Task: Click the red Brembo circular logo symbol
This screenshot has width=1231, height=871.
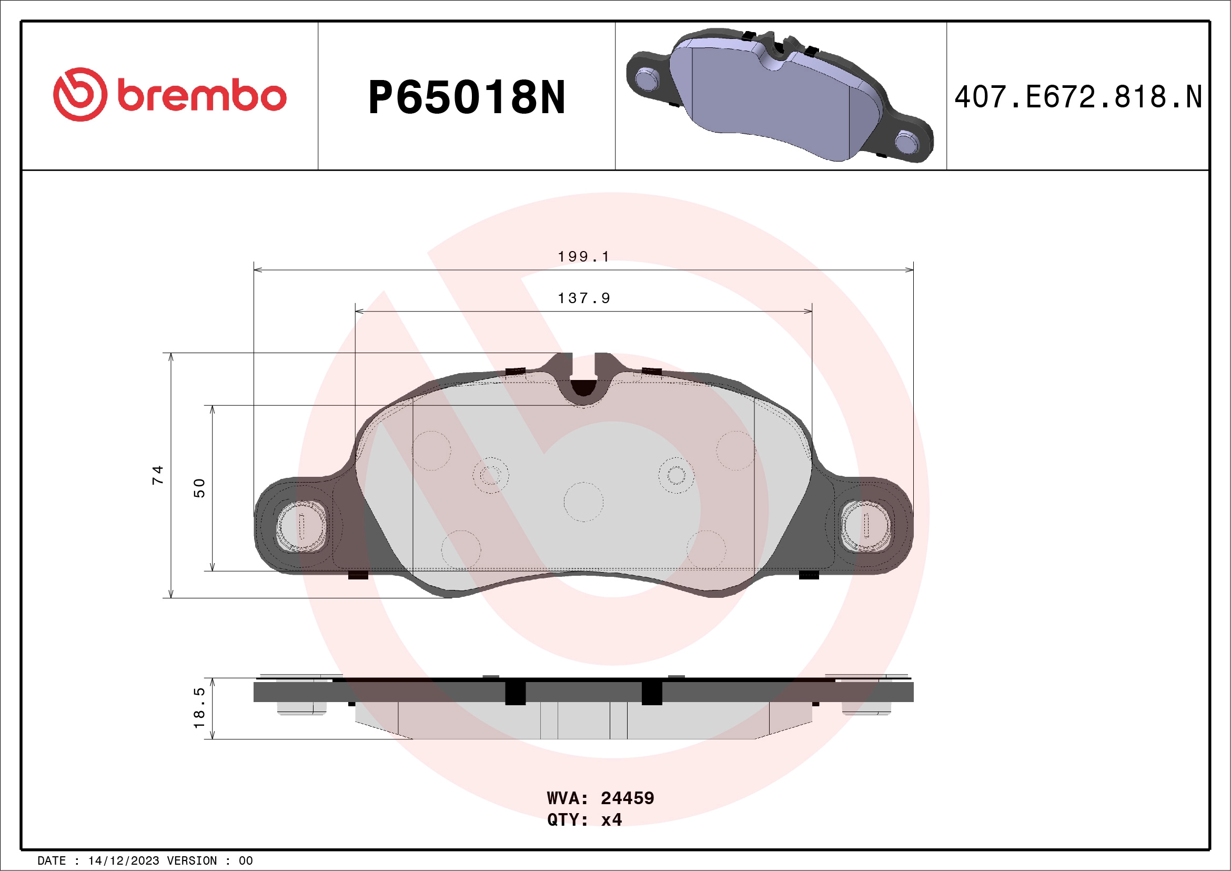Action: (x=80, y=94)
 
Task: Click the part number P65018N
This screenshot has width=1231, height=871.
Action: (x=467, y=97)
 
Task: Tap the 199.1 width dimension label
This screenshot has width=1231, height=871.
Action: (x=583, y=257)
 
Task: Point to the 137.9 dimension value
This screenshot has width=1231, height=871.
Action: (x=583, y=298)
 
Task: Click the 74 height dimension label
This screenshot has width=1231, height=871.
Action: (x=157, y=475)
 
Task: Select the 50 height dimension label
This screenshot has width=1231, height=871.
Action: (x=199, y=488)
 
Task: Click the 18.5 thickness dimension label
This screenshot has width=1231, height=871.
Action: (x=199, y=708)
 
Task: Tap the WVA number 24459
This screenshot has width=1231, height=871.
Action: (x=627, y=798)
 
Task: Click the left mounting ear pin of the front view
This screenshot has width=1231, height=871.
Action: (x=301, y=526)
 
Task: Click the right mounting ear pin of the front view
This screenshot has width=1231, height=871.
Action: (x=866, y=526)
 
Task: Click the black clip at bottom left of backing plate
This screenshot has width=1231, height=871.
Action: (x=358, y=575)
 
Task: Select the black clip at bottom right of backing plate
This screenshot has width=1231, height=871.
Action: (x=809, y=575)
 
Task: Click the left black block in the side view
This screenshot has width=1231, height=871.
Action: (x=515, y=693)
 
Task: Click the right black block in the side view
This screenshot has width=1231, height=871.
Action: (x=651, y=693)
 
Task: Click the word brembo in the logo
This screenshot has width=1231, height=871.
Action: (x=201, y=96)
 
